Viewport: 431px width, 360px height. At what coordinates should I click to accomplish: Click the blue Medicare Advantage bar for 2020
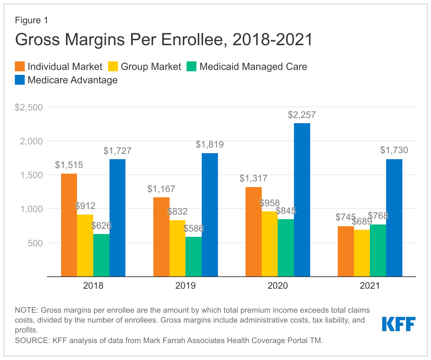point(302,200)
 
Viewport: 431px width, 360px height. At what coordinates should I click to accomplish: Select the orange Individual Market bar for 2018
point(69,225)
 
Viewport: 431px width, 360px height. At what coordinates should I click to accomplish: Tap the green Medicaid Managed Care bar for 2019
point(194,257)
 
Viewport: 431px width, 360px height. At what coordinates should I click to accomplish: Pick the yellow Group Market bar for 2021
point(362,253)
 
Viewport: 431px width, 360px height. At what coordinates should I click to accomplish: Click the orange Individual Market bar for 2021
point(346,251)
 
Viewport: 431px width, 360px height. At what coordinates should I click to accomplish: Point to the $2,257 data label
point(302,115)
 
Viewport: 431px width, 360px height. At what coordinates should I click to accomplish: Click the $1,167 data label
point(161,189)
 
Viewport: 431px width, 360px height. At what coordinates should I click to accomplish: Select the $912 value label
point(85,206)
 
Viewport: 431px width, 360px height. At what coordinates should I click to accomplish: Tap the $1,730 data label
point(394,150)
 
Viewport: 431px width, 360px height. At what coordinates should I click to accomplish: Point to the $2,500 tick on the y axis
point(29,107)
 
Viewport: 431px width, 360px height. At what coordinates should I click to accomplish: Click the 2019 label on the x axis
point(185,286)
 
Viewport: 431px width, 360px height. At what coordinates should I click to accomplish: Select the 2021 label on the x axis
point(370,286)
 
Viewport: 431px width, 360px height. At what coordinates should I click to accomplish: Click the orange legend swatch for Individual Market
point(20,67)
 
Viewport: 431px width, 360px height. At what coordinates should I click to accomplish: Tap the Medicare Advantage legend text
point(72,80)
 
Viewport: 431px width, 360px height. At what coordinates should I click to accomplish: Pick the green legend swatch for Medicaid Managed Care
point(191,67)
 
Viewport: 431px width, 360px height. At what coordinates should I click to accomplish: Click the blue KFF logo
point(398,324)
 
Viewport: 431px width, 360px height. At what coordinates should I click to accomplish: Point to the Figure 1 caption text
point(31,20)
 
